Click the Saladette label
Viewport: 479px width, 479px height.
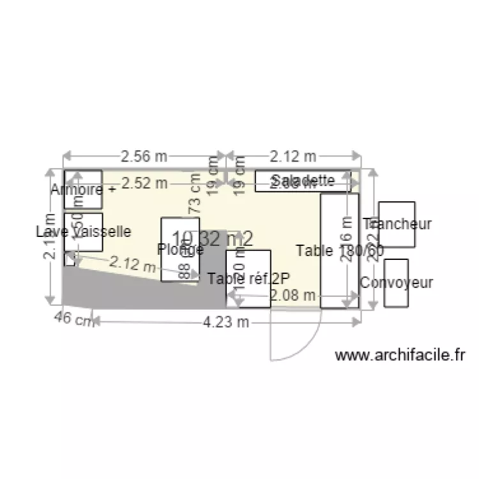pyautogui.click(x=303, y=180)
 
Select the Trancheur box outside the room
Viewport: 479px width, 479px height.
pyautogui.click(x=397, y=224)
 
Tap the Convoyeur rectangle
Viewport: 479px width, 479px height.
pyautogui.click(x=396, y=283)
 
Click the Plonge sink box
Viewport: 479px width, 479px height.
pyautogui.click(x=180, y=249)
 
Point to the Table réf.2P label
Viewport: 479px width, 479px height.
pyautogui.click(x=248, y=278)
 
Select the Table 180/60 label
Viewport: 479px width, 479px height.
pyautogui.click(x=340, y=251)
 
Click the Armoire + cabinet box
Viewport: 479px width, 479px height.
pyautogui.click(x=83, y=189)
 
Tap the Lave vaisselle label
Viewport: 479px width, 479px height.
pyautogui.click(x=84, y=231)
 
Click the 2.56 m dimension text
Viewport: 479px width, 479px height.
pyautogui.click(x=144, y=156)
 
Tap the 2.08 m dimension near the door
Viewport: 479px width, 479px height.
pyautogui.click(x=293, y=295)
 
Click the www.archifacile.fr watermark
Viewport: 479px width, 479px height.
pyautogui.click(x=401, y=354)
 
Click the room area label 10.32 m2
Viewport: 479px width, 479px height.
pyautogui.click(x=212, y=238)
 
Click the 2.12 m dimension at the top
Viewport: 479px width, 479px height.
pyautogui.click(x=293, y=156)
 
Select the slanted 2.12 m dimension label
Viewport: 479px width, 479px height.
pyautogui.click(x=133, y=263)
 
